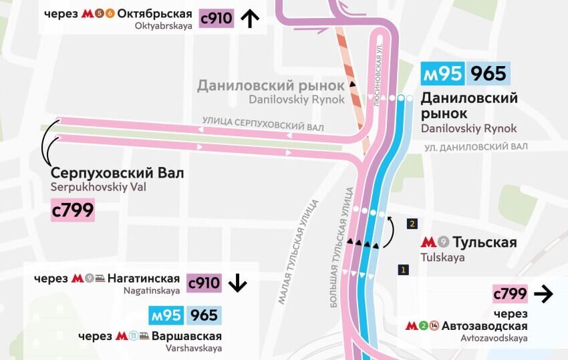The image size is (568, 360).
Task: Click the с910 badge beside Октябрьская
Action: pyautogui.click(x=217, y=18)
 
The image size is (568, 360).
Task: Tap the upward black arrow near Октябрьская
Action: pyautogui.click(x=249, y=18)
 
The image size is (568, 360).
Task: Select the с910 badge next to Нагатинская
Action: pyautogui.click(x=204, y=283)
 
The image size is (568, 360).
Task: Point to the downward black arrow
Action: pyautogui.click(x=237, y=283)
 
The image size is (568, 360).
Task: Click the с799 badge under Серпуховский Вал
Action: pyautogui.click(x=73, y=210)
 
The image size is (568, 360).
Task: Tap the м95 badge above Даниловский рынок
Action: pyautogui.click(x=442, y=73)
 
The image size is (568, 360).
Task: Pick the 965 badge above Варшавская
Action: pyautogui.click(x=204, y=316)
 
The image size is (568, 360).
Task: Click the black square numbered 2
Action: pyautogui.click(x=412, y=224)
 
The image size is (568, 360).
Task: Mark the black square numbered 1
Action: pyautogui.click(x=402, y=270)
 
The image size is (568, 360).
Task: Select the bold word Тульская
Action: pyautogui.click(x=484, y=242)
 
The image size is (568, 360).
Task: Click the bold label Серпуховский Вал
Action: pyautogui.click(x=117, y=174)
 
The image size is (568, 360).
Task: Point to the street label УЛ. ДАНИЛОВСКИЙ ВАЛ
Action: pyautogui.click(x=476, y=147)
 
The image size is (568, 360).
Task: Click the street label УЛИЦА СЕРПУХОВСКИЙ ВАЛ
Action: pyautogui.click(x=263, y=127)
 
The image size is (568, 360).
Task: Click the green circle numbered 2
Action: pyautogui.click(x=423, y=327)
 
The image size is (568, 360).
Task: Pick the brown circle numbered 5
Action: pyautogui.click(x=99, y=14)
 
